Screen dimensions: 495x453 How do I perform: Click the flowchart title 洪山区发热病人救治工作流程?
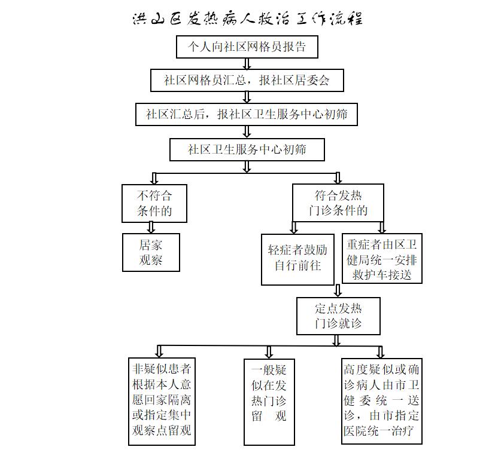click(248, 19)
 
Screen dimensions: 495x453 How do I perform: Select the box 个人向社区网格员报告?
click(247, 47)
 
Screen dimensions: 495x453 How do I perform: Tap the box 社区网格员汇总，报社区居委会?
click(247, 81)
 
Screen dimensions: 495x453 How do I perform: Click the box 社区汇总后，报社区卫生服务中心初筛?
click(247, 114)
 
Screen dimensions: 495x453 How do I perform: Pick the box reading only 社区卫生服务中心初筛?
click(247, 149)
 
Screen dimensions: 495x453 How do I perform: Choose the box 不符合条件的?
click(154, 203)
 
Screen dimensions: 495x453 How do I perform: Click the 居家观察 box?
click(151, 252)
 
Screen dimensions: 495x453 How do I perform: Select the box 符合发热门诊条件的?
click(338, 203)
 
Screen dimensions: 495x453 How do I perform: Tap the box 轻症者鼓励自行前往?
click(297, 259)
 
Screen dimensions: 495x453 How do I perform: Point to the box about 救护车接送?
click(382, 258)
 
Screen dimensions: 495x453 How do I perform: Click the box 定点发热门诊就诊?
click(338, 316)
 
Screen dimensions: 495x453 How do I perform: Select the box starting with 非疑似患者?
click(162, 401)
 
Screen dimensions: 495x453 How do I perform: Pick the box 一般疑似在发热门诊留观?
click(269, 402)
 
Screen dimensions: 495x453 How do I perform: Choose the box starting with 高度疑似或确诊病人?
click(382, 401)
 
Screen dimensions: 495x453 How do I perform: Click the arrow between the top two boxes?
click(247, 64)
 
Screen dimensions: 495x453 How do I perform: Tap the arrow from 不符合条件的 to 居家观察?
click(151, 228)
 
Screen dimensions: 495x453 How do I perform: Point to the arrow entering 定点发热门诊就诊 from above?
click(338, 290)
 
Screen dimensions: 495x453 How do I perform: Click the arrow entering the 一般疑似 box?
click(269, 352)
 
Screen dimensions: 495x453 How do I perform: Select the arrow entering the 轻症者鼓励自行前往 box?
click(294, 227)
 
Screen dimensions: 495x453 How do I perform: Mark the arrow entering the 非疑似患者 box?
click(159, 351)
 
